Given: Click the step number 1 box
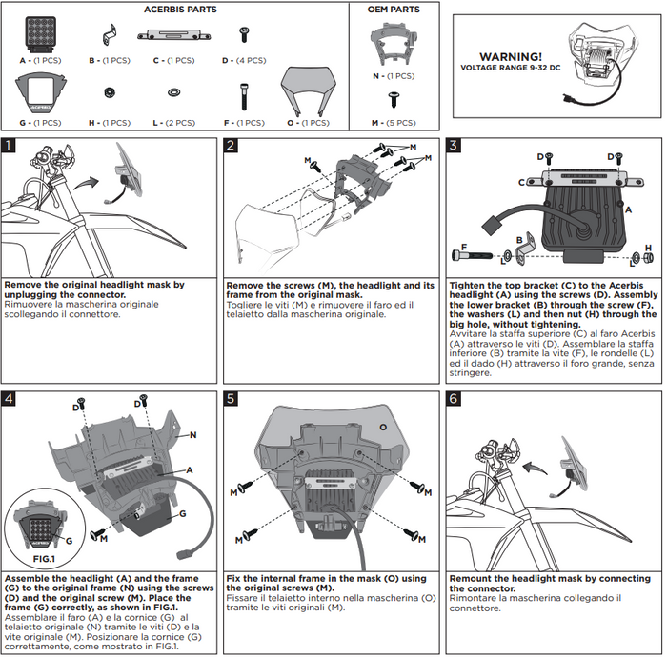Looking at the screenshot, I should pos(9,146).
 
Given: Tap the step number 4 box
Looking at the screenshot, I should pos(9,397).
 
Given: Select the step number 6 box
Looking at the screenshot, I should pos(454,397).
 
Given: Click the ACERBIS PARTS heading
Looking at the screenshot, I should pos(180,10).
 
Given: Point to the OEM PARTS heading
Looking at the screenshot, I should pos(394,10).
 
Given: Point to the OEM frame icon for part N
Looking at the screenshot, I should pos(393,44).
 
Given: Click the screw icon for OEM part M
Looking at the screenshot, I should pos(393,99).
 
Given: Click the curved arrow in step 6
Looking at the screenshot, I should pos(539,465).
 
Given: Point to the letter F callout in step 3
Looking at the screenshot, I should pos(463,247).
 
